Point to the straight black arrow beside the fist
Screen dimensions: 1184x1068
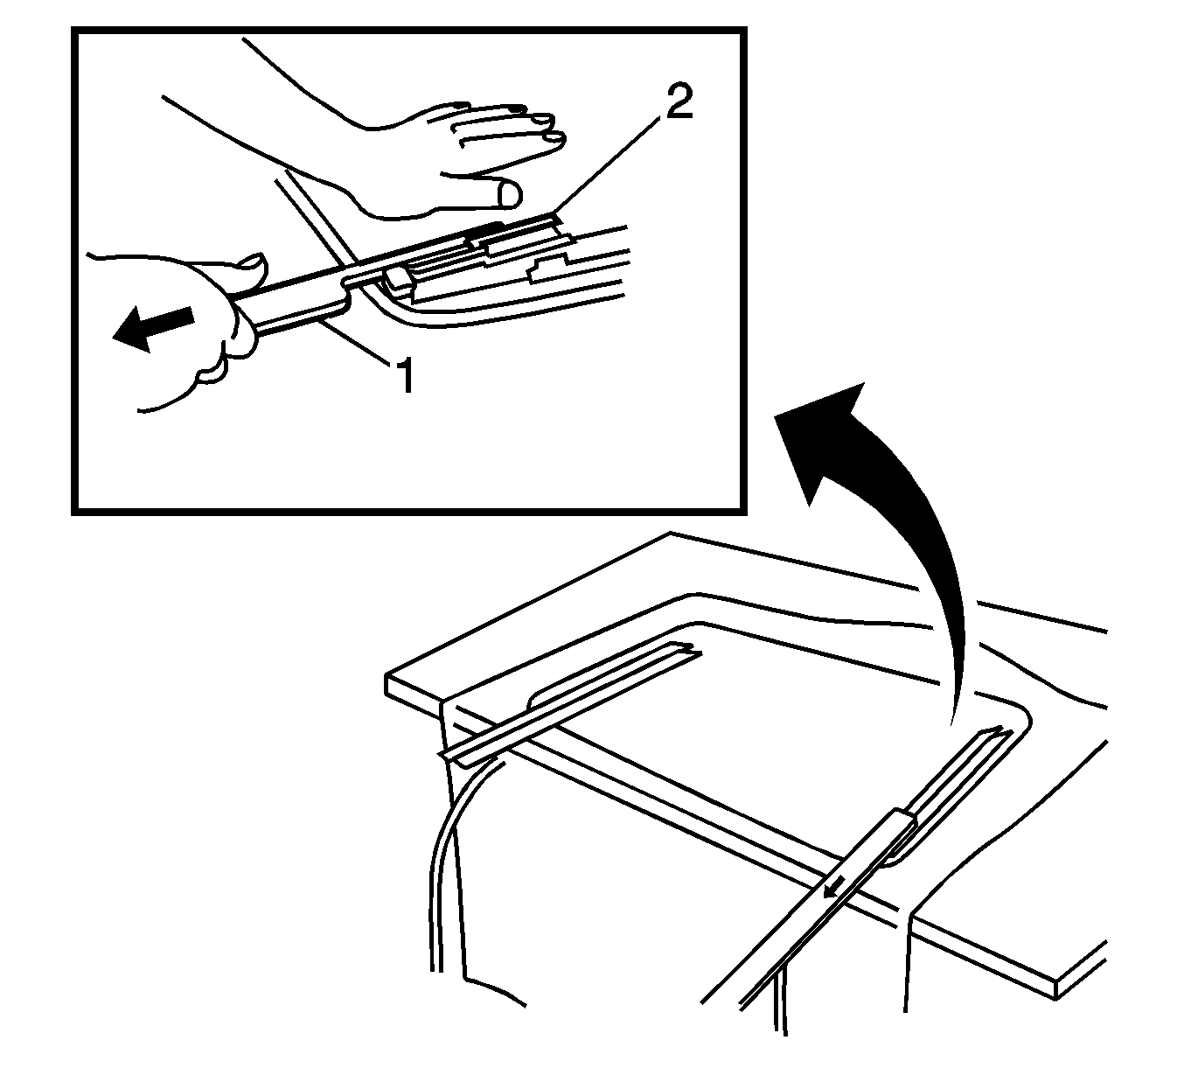(x=153, y=328)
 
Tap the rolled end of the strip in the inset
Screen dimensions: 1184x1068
(x=400, y=279)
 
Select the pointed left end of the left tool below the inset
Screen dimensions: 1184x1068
(x=441, y=755)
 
